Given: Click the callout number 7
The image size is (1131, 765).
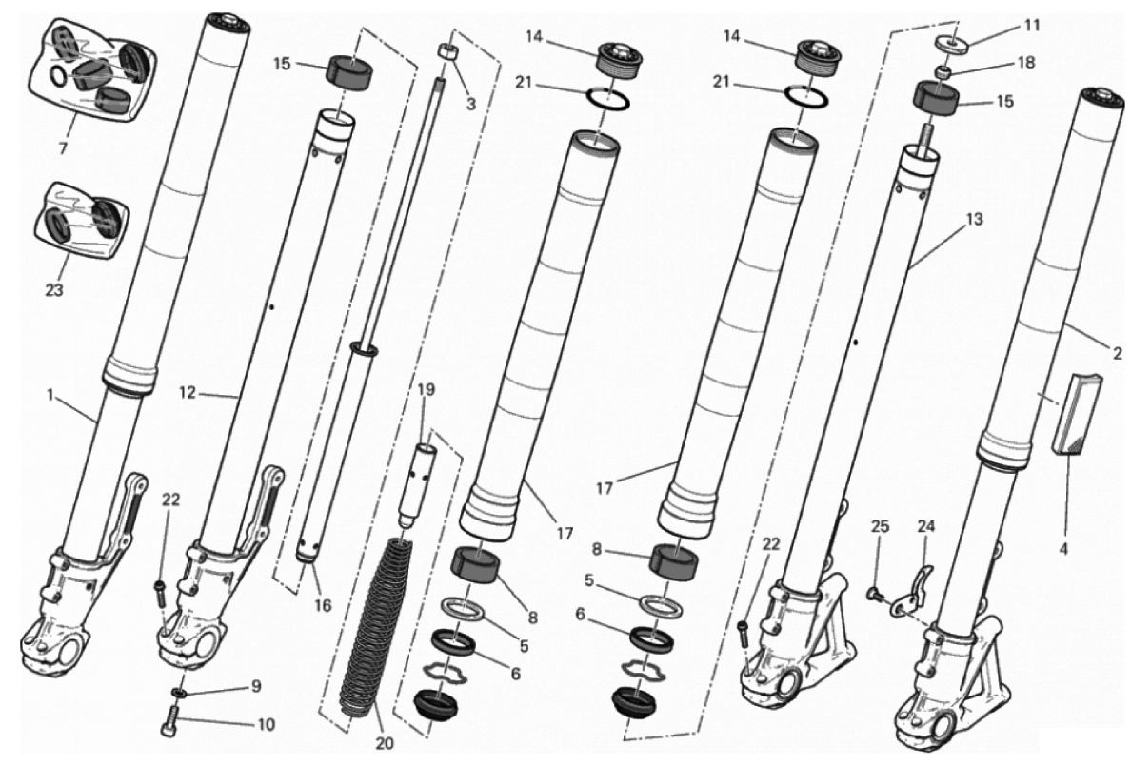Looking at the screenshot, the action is tap(63, 149).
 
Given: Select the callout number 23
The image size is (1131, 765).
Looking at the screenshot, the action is tap(54, 290).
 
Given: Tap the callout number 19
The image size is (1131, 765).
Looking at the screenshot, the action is tap(427, 390).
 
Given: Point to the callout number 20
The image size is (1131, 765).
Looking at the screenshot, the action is tap(386, 743).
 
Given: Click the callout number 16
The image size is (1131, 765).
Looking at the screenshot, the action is tap(323, 605).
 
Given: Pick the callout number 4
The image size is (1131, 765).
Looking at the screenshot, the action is tap(1063, 549).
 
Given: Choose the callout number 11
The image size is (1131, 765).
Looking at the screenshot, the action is tap(1032, 26).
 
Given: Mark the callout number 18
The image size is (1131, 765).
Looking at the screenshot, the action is tap(1025, 62).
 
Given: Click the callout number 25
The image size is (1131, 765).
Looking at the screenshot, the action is tap(880, 526).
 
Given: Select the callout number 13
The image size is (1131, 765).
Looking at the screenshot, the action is tap(974, 219).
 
